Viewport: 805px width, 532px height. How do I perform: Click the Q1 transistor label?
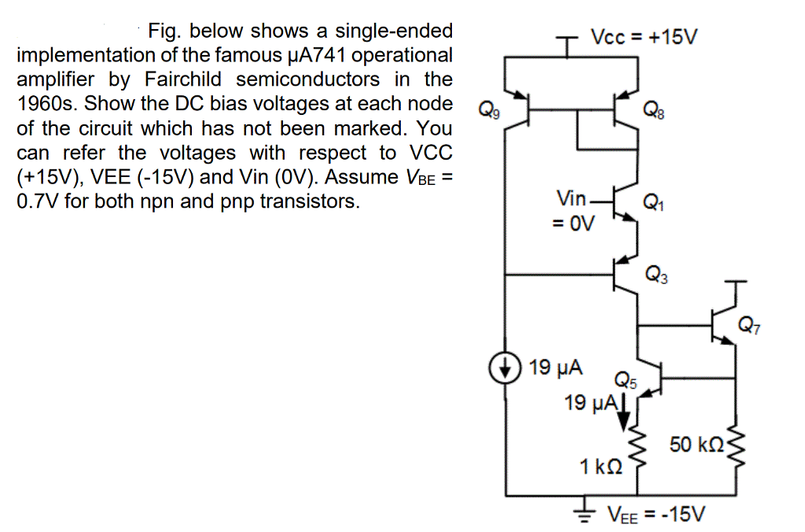tap(653, 203)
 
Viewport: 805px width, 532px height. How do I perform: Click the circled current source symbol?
tap(504, 368)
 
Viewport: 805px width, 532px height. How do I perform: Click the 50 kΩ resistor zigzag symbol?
tap(735, 446)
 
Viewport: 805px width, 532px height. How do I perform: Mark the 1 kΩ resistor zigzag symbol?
tap(635, 457)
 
